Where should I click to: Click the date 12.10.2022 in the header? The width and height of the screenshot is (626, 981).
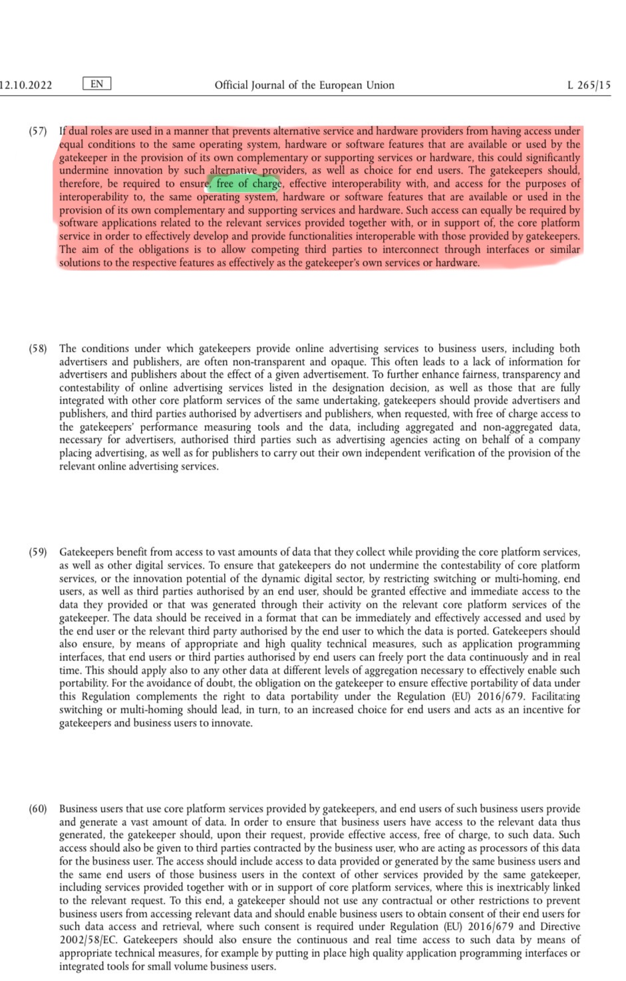tap(27, 85)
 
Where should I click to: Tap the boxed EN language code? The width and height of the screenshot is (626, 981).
tap(96, 84)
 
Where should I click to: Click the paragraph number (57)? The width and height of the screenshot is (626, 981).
tap(38, 131)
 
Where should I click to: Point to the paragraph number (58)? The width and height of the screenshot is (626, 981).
tap(38, 349)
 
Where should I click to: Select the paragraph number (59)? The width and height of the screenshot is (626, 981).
tap(38, 552)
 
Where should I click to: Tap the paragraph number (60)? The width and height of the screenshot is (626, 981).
tap(38, 809)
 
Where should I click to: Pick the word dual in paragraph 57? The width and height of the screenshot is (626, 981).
tap(79, 131)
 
